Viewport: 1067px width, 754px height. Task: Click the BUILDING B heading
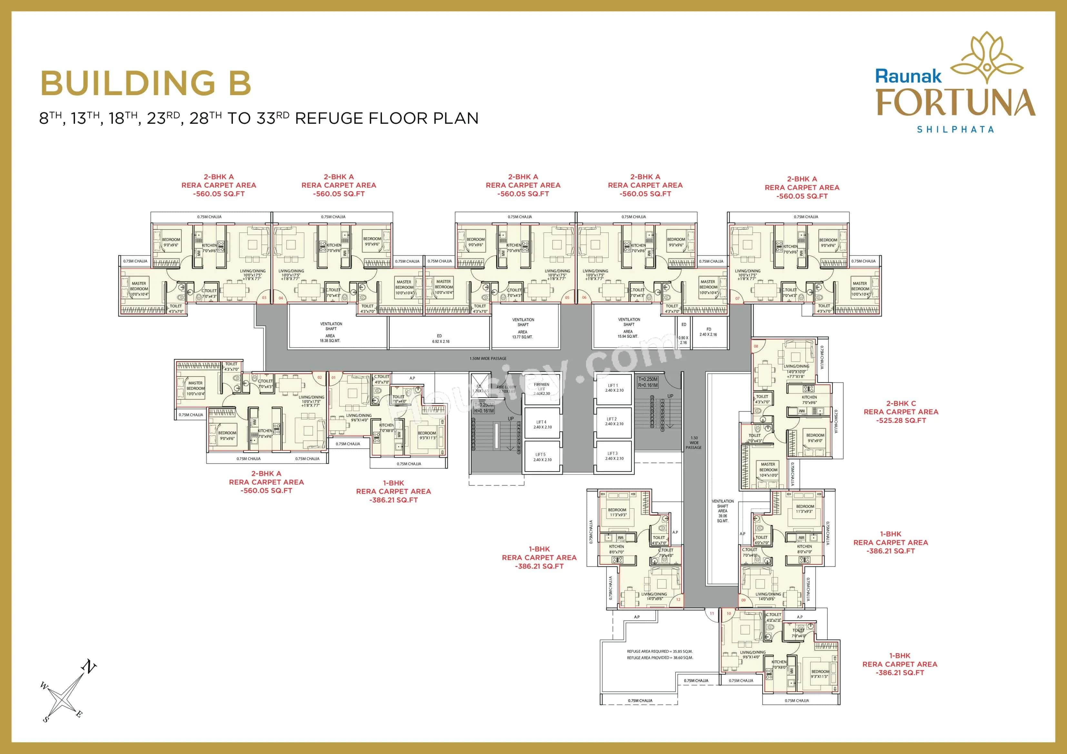coord(146,83)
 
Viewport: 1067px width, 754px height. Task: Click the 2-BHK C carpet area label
coord(901,412)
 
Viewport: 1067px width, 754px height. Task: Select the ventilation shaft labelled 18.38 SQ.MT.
coord(331,332)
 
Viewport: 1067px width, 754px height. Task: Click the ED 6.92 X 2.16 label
coord(439,338)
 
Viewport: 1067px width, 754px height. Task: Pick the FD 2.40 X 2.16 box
coord(708,332)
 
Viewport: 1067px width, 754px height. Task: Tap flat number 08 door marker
coord(756,346)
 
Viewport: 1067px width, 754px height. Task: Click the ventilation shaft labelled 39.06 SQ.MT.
coord(723,511)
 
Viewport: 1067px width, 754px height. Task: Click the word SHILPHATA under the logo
coord(955,130)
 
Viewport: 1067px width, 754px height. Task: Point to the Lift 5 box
coord(541,457)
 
